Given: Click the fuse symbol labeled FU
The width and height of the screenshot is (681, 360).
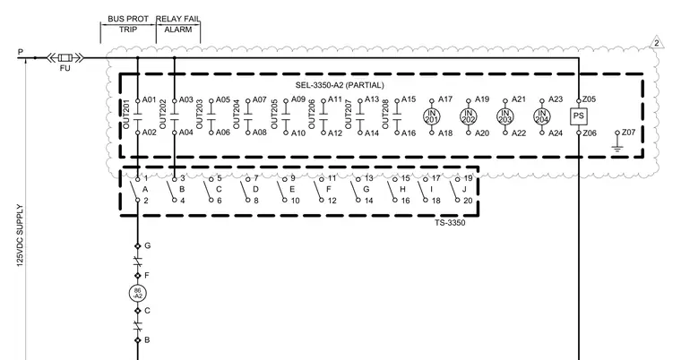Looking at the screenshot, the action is pos(65,57).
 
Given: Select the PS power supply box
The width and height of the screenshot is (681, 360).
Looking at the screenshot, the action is pos(579,116).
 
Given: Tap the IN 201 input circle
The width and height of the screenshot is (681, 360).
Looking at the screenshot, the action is pos(432,116).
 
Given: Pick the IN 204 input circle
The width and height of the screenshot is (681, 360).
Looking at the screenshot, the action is pos(542,116).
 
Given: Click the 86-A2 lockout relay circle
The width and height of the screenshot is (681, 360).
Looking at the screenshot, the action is pos(138,293).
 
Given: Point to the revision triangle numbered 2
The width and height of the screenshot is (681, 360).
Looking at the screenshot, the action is pos(657,43).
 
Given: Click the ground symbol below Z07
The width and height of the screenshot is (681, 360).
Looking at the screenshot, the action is pos(617,149).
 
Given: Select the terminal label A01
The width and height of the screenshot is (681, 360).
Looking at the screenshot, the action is pos(149,99).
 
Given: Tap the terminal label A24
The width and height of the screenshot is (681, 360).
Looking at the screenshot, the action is pos(556,133).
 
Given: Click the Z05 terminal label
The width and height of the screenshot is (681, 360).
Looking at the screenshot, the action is pos(590,99).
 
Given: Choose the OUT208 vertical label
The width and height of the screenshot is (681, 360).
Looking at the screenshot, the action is pos(385,115).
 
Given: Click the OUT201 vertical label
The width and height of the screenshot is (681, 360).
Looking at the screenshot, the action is pos(126,115).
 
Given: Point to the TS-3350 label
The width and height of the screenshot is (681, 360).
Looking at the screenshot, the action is pos(450,223).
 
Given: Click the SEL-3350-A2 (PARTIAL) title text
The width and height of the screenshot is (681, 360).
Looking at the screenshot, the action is pos(340,85).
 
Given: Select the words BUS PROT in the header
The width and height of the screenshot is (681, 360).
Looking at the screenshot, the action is pos(128,19).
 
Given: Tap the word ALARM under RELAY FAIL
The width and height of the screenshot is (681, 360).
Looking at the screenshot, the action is pos(178,30).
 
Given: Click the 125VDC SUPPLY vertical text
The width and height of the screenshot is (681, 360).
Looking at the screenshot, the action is pos(20,236).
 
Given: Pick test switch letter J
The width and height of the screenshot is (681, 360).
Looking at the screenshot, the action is pos(464,189).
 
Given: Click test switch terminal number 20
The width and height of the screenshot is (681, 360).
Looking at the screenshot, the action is pos(468,201).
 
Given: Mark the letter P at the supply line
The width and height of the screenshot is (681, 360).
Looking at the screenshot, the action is pos(21,52).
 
